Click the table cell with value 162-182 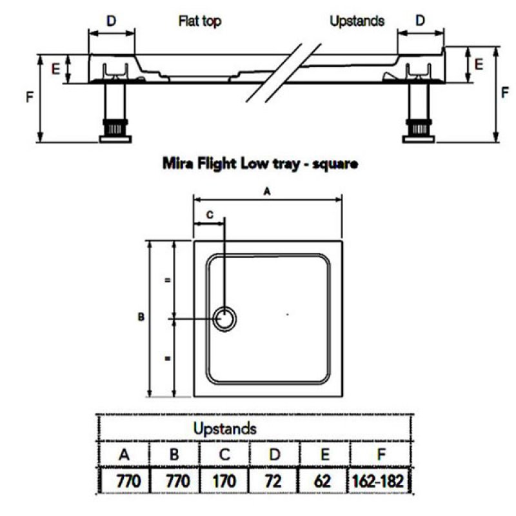coord(378,481)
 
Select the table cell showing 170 coord(224,481)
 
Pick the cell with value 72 coord(273,481)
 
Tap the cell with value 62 coord(322,481)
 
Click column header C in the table coord(224,455)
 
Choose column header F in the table coord(381,455)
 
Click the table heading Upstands coord(224,428)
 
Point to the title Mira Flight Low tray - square coord(261,164)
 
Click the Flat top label coord(200,21)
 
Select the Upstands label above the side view coord(357,21)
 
